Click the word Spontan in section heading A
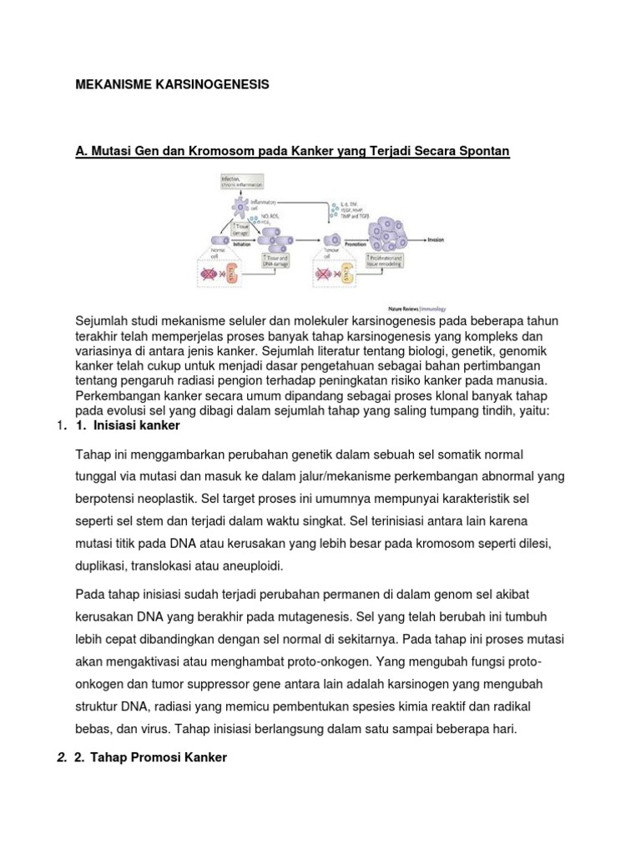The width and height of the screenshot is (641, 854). coord(482,150)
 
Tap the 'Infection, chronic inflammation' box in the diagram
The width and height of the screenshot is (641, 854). coord(236,182)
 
